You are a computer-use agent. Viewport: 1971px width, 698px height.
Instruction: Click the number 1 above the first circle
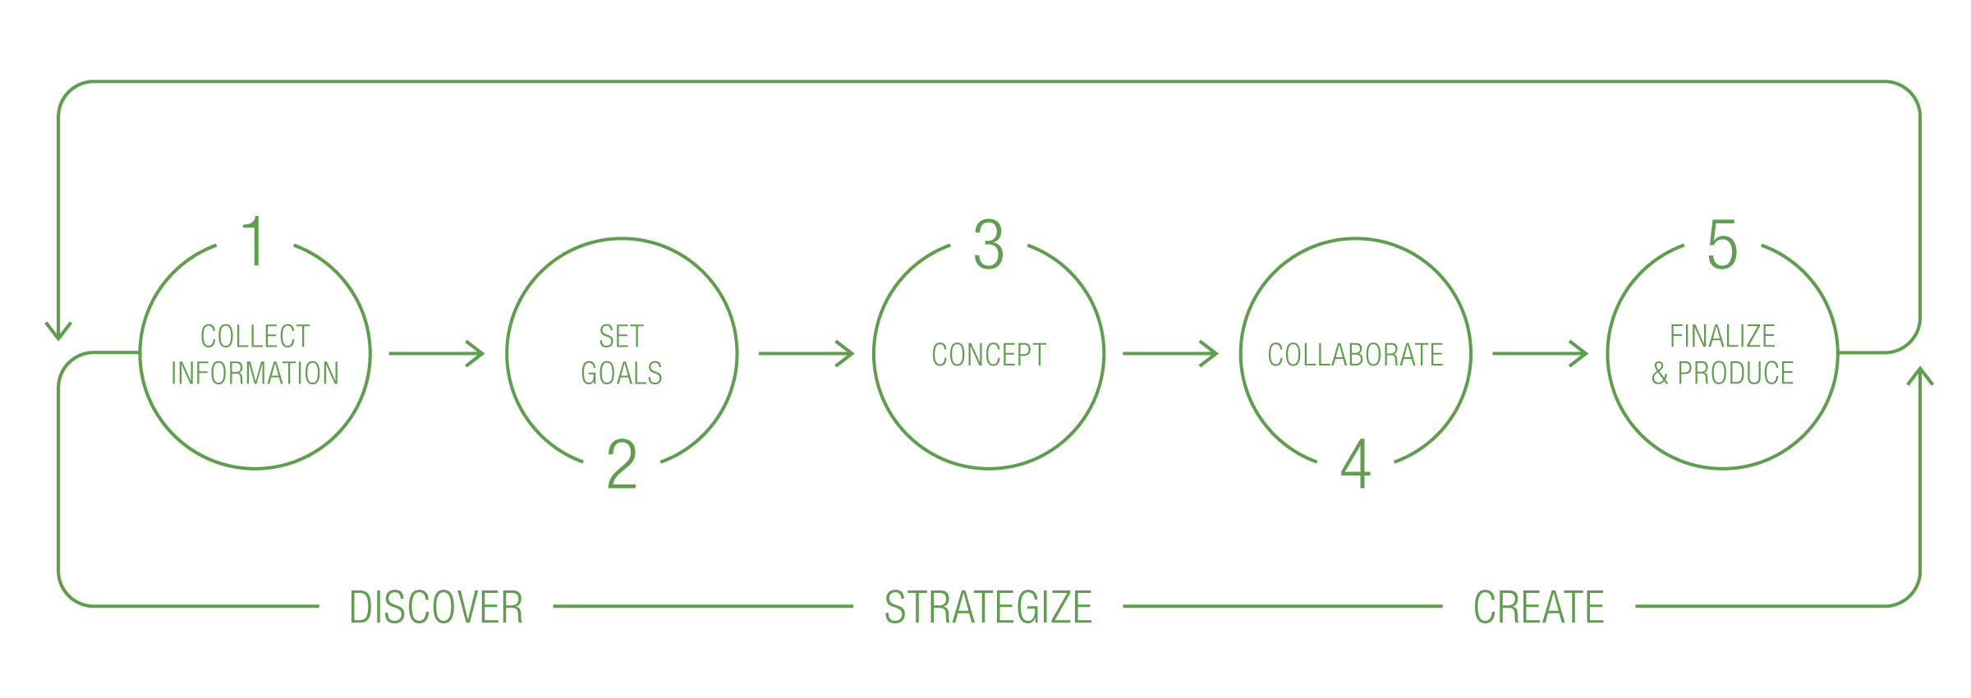pyautogui.click(x=255, y=242)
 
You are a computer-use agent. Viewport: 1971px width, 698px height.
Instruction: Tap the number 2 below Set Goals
pyautogui.click(x=622, y=465)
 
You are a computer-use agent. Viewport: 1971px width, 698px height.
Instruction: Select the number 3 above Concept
pyautogui.click(x=989, y=244)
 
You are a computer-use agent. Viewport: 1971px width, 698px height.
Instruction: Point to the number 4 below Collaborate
pyautogui.click(x=1356, y=465)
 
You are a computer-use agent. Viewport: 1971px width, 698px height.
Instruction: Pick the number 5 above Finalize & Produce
pyautogui.click(x=1722, y=244)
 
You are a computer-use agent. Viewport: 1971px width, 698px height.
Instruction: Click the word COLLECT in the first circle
pyautogui.click(x=255, y=336)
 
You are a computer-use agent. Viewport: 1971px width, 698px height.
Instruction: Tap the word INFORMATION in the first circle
pyautogui.click(x=255, y=374)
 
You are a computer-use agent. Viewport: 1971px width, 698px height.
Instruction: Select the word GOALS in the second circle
pyautogui.click(x=622, y=374)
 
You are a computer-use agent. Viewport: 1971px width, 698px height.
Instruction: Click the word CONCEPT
pyautogui.click(x=989, y=355)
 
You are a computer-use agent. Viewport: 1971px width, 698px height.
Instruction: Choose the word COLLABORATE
pyautogui.click(x=1355, y=355)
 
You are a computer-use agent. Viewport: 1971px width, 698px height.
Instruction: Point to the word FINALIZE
pyautogui.click(x=1722, y=336)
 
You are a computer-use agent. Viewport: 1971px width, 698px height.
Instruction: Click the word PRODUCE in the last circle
pyautogui.click(x=1735, y=374)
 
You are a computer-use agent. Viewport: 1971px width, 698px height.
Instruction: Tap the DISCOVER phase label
pyautogui.click(x=436, y=608)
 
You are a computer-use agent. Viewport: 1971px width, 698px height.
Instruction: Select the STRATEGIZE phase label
pyautogui.click(x=988, y=608)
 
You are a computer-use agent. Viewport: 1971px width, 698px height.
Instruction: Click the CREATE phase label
pyautogui.click(x=1538, y=608)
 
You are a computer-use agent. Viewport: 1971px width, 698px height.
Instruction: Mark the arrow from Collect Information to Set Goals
pyautogui.click(x=437, y=354)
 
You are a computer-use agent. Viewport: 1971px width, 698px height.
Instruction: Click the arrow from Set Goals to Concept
pyautogui.click(x=806, y=354)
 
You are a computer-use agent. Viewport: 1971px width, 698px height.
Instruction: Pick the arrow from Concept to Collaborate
pyautogui.click(x=1170, y=354)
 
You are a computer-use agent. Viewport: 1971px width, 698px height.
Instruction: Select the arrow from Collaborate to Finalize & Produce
pyautogui.click(x=1540, y=354)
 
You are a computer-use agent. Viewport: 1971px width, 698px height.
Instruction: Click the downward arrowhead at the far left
pyautogui.click(x=58, y=331)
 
